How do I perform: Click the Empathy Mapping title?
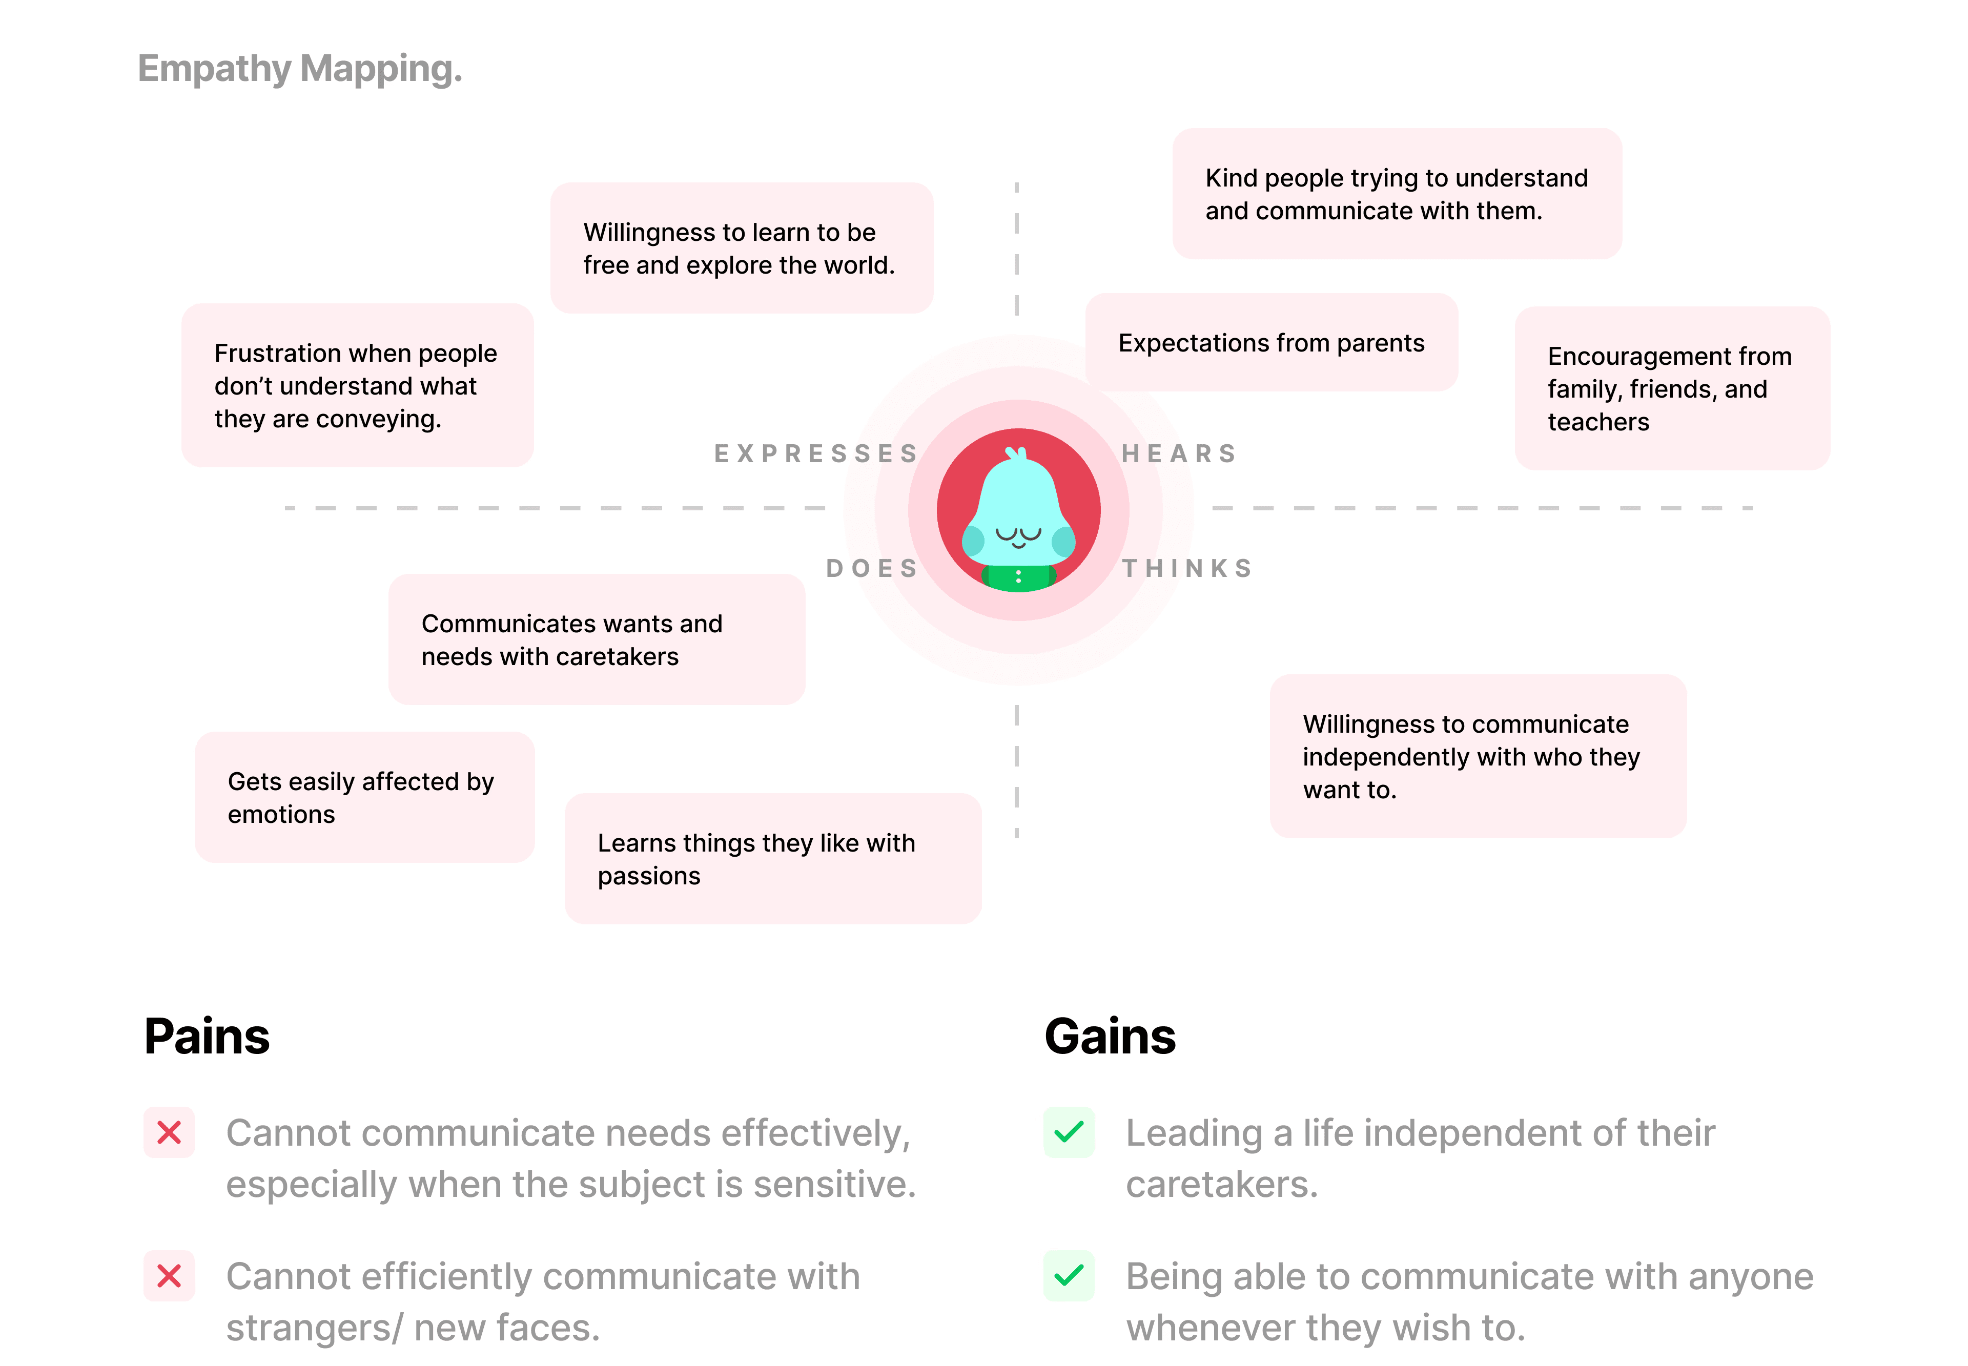pyautogui.click(x=300, y=69)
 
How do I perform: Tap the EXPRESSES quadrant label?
pyautogui.click(x=816, y=453)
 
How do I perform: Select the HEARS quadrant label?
pyautogui.click(x=1179, y=453)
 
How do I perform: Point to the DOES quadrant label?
pyautogui.click(x=871, y=568)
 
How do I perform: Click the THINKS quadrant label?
pyautogui.click(x=1187, y=568)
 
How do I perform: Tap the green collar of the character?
pyautogui.click(x=1018, y=578)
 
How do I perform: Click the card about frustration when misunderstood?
pyautogui.click(x=357, y=385)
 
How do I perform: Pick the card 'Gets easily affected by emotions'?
pyautogui.click(x=365, y=797)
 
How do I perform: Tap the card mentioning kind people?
pyautogui.click(x=1396, y=194)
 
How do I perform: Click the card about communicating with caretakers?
pyautogui.click(x=597, y=639)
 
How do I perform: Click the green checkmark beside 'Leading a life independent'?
pyautogui.click(x=1069, y=1132)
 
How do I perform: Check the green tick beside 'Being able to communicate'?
pyautogui.click(x=1069, y=1276)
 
